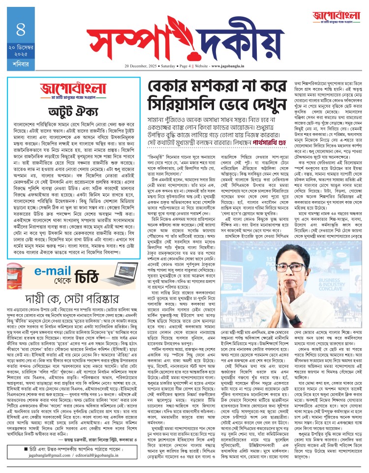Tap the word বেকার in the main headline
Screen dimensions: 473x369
157,89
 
